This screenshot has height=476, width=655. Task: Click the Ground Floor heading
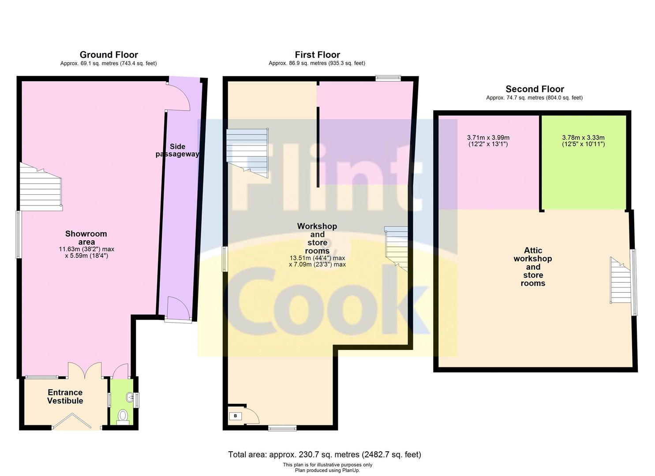pos(109,55)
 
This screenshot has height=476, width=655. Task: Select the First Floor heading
pos(317,55)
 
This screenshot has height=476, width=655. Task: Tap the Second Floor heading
pos(535,89)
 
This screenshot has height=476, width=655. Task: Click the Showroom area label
pos(86,238)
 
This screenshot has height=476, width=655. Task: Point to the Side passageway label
pos(177,150)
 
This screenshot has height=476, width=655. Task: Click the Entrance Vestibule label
pos(65,397)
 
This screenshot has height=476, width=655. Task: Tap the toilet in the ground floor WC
pos(123,416)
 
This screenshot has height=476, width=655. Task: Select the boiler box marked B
pos(235,416)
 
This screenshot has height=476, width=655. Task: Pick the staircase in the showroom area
pos(41,188)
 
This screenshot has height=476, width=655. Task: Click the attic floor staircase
pos(621,281)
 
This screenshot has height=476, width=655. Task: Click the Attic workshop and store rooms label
pos(533,267)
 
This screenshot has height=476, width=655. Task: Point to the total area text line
pos(324,454)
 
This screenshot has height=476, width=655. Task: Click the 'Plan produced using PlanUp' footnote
pos(327,470)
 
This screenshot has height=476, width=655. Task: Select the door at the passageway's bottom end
pos(178,310)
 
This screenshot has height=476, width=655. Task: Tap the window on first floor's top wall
pos(388,78)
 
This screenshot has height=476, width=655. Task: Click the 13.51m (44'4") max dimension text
pos(317,258)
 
